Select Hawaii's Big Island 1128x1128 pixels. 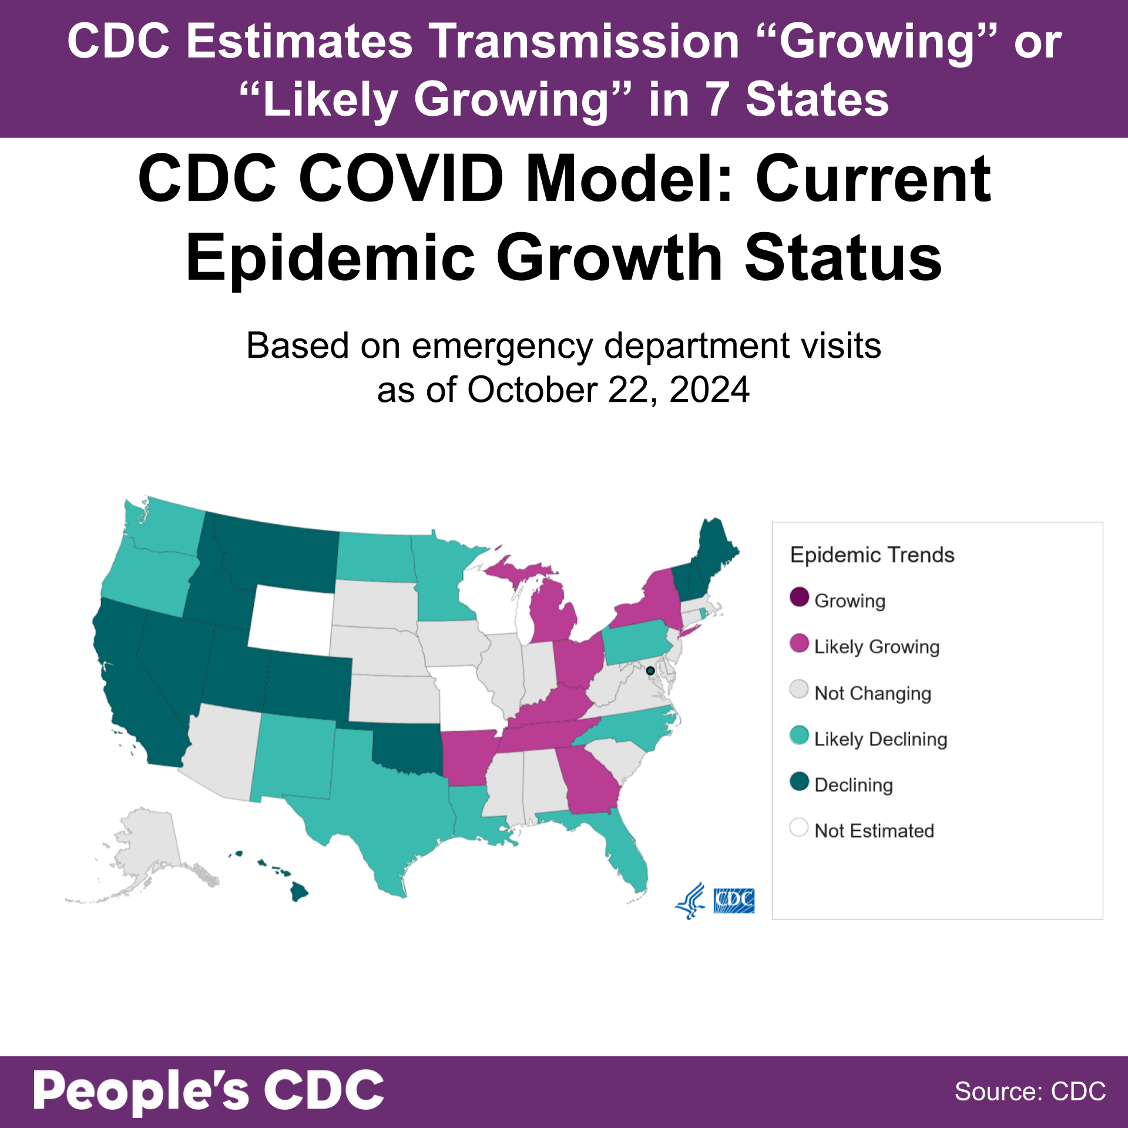point(298,892)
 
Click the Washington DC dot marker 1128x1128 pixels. point(650,670)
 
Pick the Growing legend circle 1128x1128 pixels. point(799,597)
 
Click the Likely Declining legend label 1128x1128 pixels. point(880,739)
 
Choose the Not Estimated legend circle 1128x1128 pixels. point(799,827)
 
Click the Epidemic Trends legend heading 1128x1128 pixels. point(872,555)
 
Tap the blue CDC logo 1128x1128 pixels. point(734,901)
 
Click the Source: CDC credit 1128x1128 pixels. point(1030,1092)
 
